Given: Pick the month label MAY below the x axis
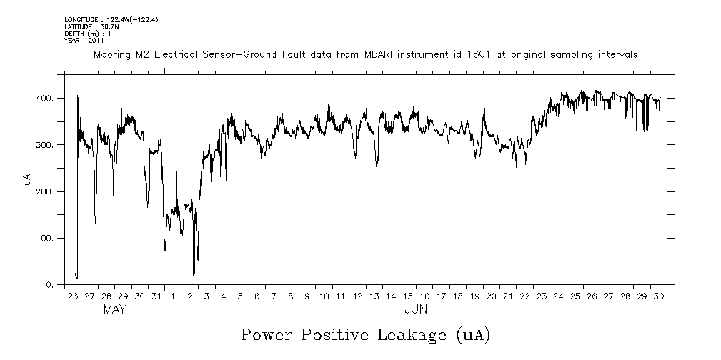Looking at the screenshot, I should (114, 310).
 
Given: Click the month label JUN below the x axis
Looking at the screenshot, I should (415, 310).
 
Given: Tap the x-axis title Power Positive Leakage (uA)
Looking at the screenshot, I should (364, 335).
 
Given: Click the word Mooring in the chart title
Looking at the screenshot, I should (110, 54).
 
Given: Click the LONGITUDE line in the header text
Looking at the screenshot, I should (111, 19).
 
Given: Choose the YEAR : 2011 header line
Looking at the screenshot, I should (84, 41).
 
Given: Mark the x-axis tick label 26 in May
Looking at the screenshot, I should (73, 296).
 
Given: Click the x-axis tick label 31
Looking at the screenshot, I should (156, 296).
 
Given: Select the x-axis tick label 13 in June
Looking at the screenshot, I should (374, 296).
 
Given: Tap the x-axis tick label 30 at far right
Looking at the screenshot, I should (659, 296).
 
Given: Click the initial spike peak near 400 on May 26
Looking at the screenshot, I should (77, 96).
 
